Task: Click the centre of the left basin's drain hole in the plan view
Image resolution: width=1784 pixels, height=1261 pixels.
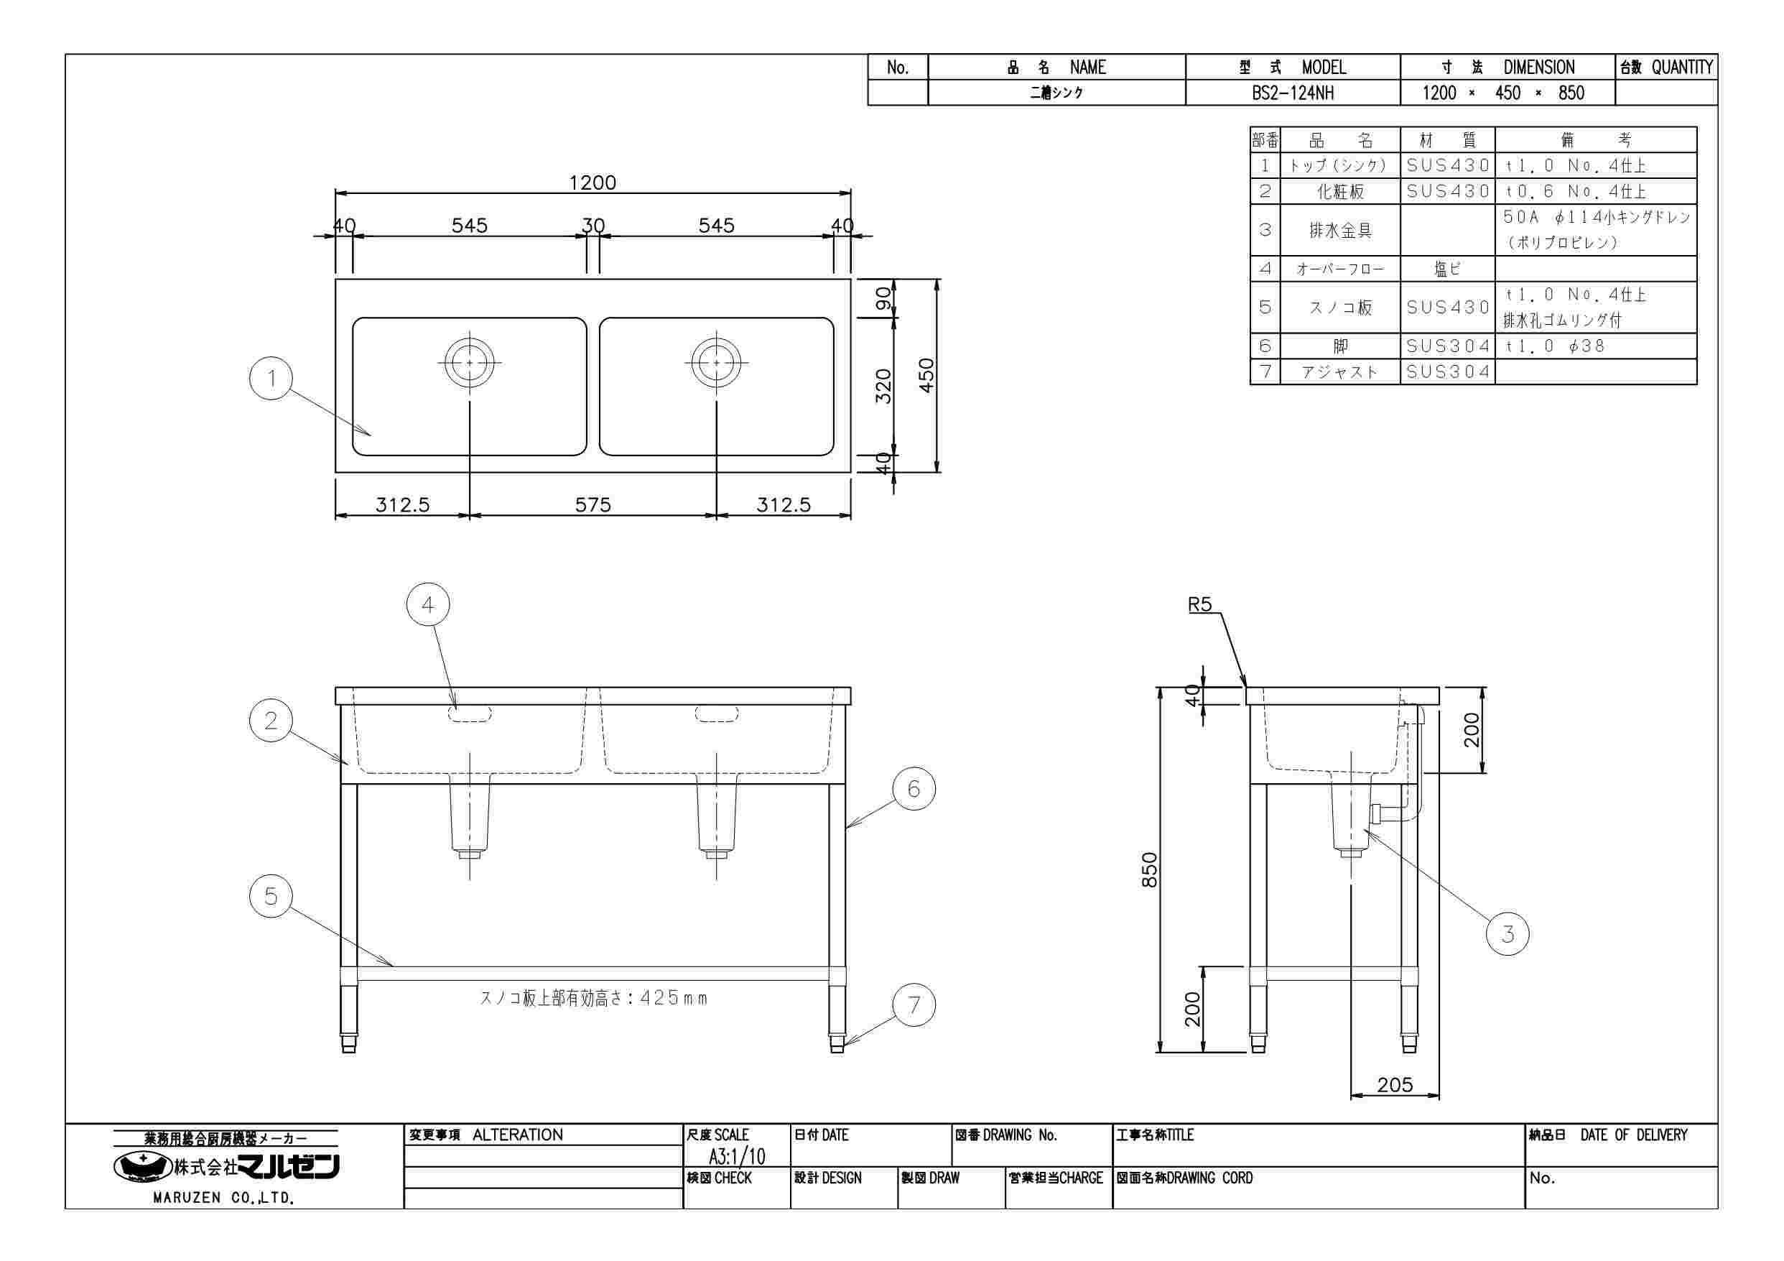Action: tap(469, 362)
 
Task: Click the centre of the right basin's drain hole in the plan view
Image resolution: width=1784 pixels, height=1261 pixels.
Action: tap(715, 362)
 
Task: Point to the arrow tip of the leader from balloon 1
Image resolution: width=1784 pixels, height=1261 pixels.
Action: tap(371, 435)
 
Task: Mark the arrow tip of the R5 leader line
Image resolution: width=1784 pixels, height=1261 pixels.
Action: tap(1246, 686)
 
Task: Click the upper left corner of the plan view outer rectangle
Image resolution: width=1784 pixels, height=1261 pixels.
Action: tap(335, 279)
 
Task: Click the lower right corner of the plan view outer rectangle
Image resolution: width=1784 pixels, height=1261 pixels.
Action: tap(851, 472)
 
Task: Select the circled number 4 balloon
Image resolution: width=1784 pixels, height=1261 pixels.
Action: tap(428, 605)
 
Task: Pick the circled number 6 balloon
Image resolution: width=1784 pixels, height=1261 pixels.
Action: tap(914, 789)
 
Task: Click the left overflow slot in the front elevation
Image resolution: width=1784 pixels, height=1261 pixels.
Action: tap(470, 713)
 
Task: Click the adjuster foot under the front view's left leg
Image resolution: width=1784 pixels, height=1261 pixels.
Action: tap(349, 1043)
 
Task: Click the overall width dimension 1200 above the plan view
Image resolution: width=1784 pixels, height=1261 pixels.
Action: tap(592, 183)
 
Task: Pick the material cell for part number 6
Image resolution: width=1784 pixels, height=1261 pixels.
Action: tap(1448, 346)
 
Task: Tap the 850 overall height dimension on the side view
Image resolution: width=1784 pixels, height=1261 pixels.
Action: tap(1150, 869)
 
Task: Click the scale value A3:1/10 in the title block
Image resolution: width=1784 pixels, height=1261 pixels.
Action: tap(736, 1156)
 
